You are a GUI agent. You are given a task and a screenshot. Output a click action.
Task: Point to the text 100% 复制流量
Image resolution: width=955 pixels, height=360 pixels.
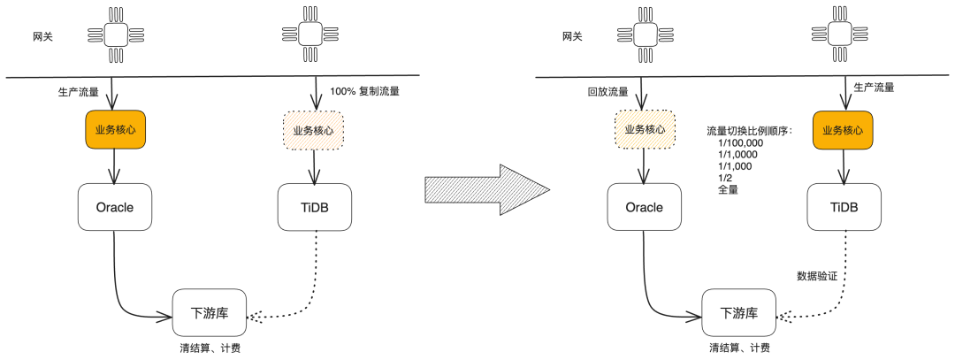(365, 91)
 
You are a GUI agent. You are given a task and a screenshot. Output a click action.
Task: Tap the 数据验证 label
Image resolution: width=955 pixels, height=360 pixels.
(817, 277)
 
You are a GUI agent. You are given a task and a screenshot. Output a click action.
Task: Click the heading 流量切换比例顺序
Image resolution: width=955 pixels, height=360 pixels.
(749, 130)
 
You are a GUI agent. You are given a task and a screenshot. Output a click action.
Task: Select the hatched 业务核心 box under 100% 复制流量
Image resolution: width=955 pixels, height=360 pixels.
(313, 130)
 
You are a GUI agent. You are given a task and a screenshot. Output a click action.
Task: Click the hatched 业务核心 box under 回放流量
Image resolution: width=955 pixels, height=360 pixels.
(644, 130)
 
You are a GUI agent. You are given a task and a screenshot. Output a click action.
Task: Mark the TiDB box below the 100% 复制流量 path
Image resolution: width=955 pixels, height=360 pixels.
(315, 208)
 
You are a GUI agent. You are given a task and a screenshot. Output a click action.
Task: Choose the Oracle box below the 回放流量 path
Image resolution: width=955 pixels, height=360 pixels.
(644, 208)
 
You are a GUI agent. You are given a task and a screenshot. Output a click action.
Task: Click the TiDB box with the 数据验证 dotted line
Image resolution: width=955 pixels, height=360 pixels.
(844, 208)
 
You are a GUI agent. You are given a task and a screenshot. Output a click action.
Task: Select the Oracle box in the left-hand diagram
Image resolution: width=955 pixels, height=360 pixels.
(115, 208)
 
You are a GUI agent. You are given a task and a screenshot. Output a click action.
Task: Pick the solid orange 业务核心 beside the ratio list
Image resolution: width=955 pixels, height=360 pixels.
(843, 130)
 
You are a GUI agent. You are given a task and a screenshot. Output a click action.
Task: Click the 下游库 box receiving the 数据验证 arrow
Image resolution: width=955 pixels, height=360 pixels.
(739, 313)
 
